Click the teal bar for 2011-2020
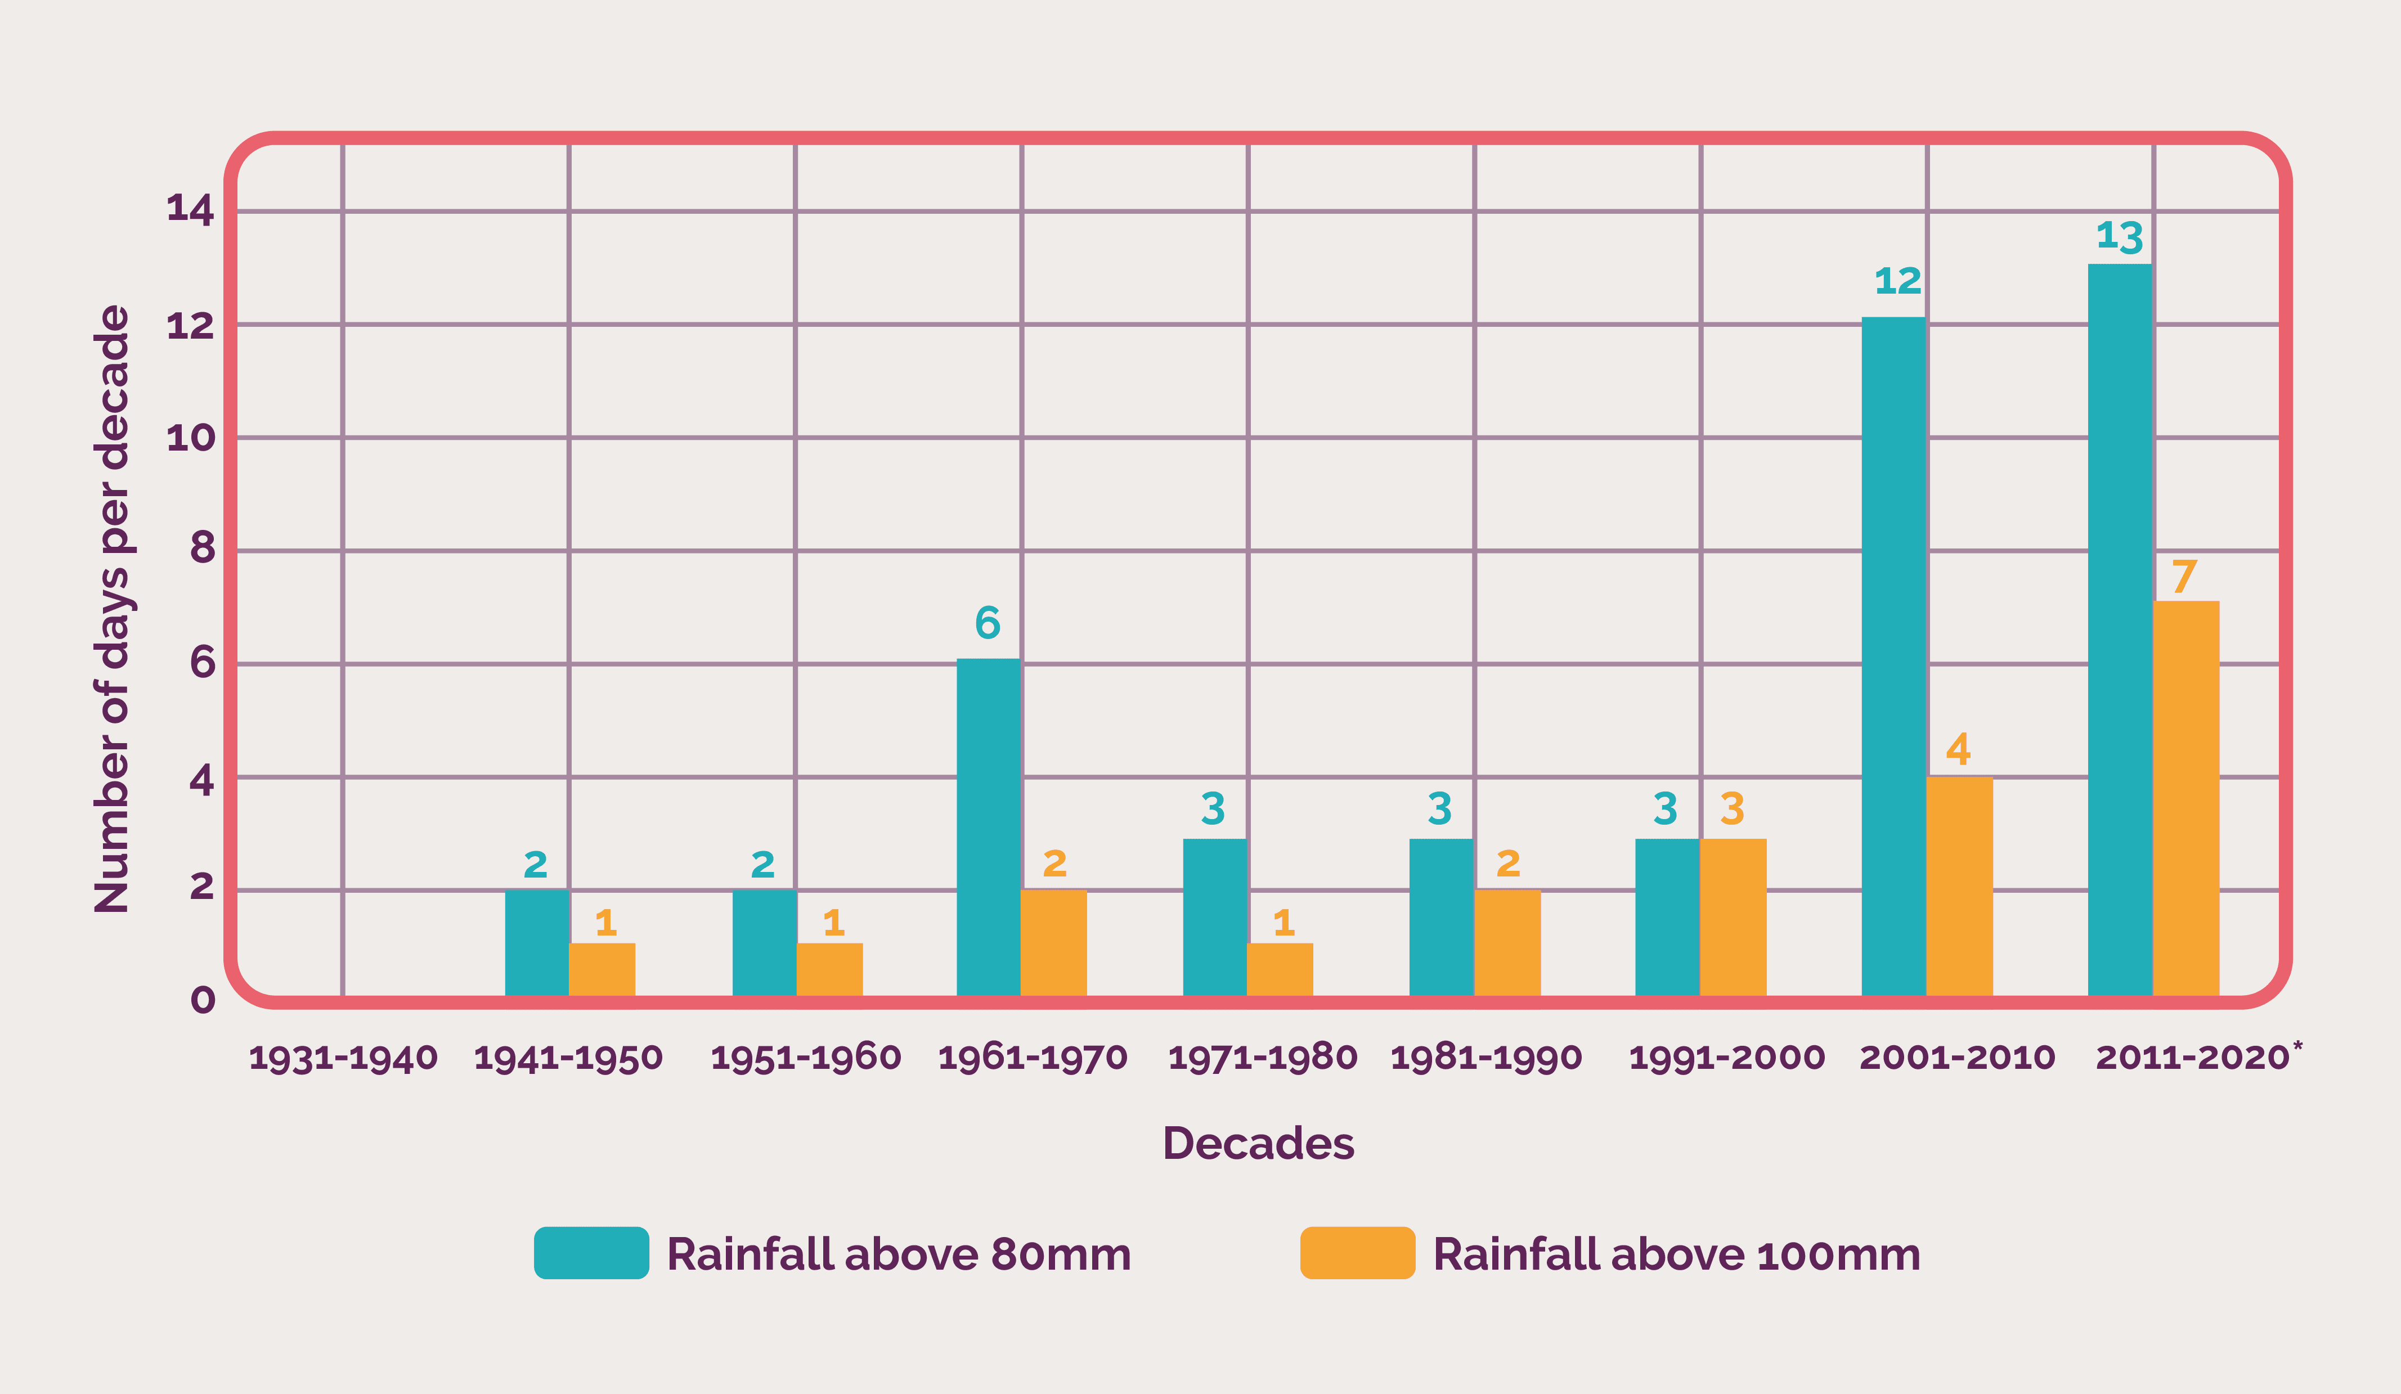coord(2119,629)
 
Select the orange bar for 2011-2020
coord(2185,798)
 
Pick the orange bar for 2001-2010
coord(1959,885)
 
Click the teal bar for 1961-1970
coord(988,826)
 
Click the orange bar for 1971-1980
coord(1280,969)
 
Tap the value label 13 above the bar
coord(2119,236)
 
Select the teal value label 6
coord(987,623)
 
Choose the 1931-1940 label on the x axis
coord(343,1058)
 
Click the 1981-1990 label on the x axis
coord(1486,1058)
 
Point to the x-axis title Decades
coord(1258,1144)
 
